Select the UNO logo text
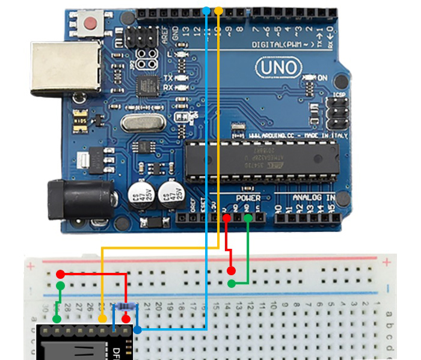[276, 67]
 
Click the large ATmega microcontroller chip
[259, 159]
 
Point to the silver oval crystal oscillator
[142, 123]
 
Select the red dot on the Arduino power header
[226, 218]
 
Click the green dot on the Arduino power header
[248, 218]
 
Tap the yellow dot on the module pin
[102, 317]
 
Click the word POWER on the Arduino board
[248, 198]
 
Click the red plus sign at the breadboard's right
[387, 262]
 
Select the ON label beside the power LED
[322, 78]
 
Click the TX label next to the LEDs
[168, 78]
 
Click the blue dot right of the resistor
[138, 329]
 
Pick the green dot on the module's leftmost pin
[56, 318]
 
